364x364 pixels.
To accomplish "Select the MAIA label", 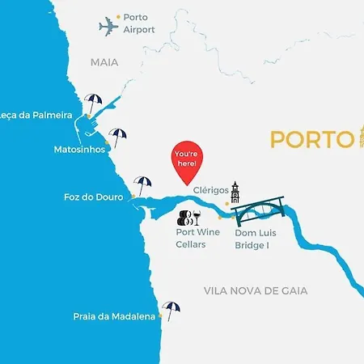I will pos(104,61).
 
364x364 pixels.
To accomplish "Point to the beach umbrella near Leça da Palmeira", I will pos(93,104).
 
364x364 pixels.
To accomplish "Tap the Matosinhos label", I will pos(78,150).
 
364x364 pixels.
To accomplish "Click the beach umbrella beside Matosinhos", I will pos(118,137).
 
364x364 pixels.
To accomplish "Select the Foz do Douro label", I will pos(93,197).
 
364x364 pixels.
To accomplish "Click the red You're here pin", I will pos(186,159).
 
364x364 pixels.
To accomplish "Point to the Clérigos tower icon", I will pos(235,193).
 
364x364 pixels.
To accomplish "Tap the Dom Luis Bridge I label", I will pos(252,239).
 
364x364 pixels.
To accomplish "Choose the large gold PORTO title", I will pos(308,139).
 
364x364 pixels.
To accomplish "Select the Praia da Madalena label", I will pos(114,316).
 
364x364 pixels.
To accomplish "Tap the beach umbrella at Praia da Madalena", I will pos(171,310).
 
